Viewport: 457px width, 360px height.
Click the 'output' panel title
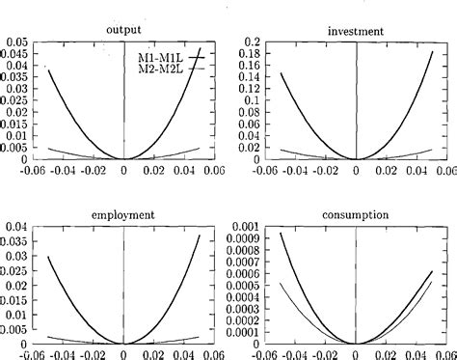point(124,30)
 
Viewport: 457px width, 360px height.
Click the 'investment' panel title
point(356,30)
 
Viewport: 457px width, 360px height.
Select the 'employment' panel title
point(124,214)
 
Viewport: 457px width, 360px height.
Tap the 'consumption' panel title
point(356,214)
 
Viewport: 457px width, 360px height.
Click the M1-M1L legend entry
point(157,57)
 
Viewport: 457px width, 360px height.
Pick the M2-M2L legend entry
point(157,69)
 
